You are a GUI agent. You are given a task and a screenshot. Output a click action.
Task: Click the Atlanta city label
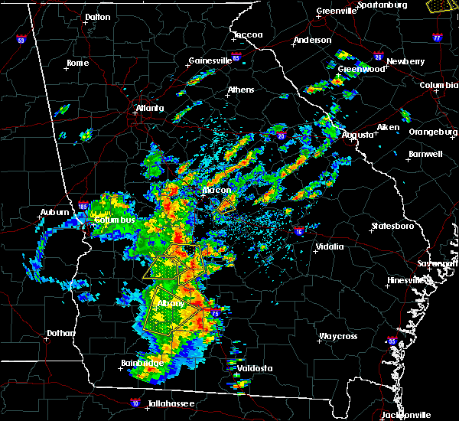coord(150,108)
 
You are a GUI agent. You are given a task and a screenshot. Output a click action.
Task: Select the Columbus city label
coord(114,220)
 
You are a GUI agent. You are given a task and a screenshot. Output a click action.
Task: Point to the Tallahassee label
coord(171,403)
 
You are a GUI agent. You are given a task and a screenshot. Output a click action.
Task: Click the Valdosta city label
coord(254,368)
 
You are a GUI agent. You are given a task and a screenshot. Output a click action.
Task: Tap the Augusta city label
coord(357,135)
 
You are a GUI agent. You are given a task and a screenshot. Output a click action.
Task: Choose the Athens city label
coord(240,90)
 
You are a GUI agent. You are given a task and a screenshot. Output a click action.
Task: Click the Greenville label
coord(337,11)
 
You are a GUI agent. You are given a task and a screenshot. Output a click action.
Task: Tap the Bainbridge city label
coord(141,363)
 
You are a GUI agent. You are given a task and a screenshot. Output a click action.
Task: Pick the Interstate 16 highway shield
coord(298,232)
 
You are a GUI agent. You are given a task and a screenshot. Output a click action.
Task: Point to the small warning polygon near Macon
coord(226,204)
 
